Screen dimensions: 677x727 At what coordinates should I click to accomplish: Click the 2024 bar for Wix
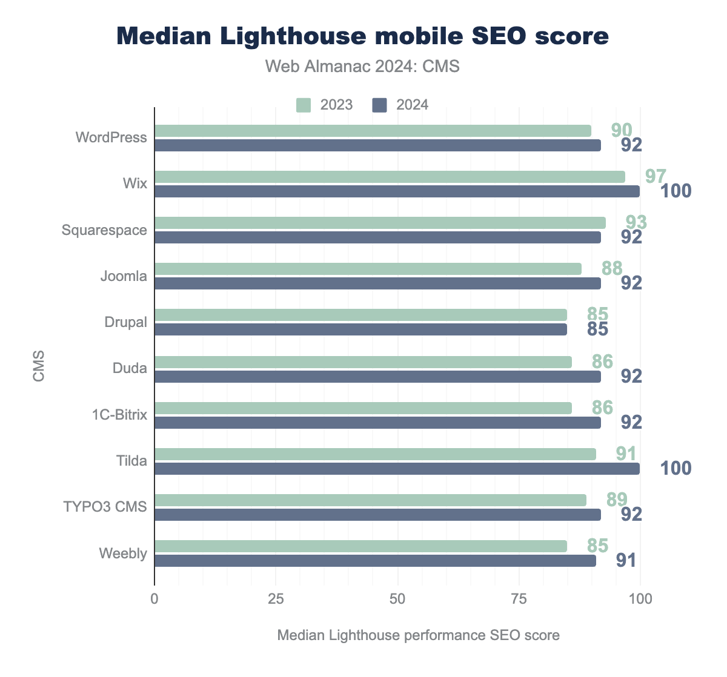point(397,191)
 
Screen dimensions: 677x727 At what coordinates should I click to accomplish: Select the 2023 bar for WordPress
point(373,131)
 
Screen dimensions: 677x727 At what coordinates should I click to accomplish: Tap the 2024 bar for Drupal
point(360,329)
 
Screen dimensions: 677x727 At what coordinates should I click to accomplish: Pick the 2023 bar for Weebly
point(360,546)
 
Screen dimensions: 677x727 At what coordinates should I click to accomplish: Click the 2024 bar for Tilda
point(397,469)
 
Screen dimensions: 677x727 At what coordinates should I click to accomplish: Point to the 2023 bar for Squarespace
point(380,223)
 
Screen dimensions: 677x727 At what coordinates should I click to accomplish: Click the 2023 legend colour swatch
point(304,105)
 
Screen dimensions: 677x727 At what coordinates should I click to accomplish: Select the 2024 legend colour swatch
point(379,105)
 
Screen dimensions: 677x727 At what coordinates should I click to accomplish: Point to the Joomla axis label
point(124,276)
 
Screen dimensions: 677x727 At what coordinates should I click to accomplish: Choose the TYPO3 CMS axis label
point(105,506)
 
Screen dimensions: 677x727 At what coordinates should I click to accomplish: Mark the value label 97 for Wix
point(656,176)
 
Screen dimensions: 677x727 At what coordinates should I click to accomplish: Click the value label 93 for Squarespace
point(636,222)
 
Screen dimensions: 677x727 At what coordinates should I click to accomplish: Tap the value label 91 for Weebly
point(626,560)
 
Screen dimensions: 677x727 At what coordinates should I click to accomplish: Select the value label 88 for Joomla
point(612,268)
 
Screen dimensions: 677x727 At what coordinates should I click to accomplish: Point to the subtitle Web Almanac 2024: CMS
point(363,66)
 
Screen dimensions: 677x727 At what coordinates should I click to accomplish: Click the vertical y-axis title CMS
point(39,365)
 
